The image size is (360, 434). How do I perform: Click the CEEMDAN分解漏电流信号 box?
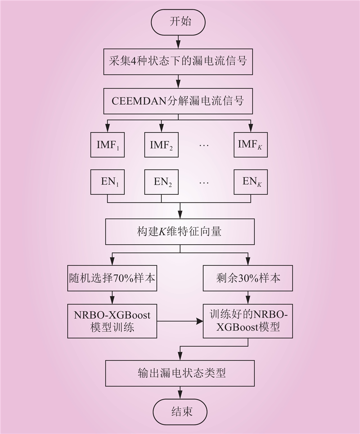coord(179,100)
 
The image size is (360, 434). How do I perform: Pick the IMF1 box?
coord(107,144)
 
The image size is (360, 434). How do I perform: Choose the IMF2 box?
coord(161,144)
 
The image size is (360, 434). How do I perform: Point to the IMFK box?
coord(251,144)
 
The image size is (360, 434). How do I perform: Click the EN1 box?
coord(107,182)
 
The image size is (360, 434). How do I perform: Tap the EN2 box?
coord(161,182)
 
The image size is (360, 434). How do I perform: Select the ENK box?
coord(251,182)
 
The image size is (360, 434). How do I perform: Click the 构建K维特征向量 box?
coord(180,233)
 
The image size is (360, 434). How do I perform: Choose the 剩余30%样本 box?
coord(247,277)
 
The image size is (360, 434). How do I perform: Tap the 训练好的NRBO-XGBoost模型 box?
coord(247,321)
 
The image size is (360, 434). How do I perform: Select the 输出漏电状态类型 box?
coord(180,373)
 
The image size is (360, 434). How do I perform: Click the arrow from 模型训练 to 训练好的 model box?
coord(180,321)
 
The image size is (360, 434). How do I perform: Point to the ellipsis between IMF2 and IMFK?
coord(204,147)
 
